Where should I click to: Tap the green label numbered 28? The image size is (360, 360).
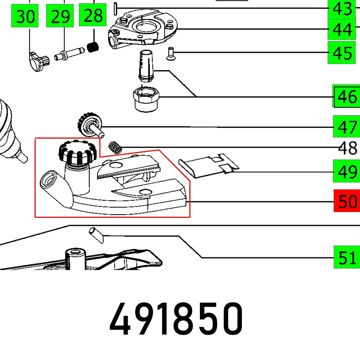click(x=93, y=16)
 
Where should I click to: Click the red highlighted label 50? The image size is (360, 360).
click(x=347, y=201)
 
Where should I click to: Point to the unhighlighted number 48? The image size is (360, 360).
click(x=348, y=148)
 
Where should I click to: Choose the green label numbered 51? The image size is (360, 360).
click(x=347, y=257)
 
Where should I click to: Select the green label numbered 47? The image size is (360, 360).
click(x=347, y=127)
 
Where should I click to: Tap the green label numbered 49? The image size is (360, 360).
click(x=347, y=172)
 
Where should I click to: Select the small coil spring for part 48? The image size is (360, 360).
click(x=116, y=147)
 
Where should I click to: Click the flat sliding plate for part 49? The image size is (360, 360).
click(x=209, y=166)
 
